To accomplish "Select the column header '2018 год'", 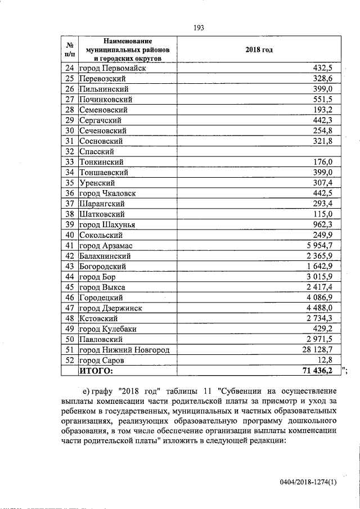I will click(259, 49).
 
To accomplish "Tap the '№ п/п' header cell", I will click(70, 49).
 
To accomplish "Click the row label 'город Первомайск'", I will click(112, 68).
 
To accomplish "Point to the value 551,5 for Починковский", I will click(326, 99).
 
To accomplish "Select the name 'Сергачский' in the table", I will click(100, 120).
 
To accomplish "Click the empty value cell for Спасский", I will click(259, 151).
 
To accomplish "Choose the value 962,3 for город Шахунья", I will click(326, 224).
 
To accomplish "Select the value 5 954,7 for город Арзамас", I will click(323, 245).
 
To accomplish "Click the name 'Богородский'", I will click(102, 266).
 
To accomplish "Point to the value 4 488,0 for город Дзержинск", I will click(323, 308).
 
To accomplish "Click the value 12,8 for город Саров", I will click(328, 360).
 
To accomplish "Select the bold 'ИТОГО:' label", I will click(96, 371).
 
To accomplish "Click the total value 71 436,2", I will click(321, 371).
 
